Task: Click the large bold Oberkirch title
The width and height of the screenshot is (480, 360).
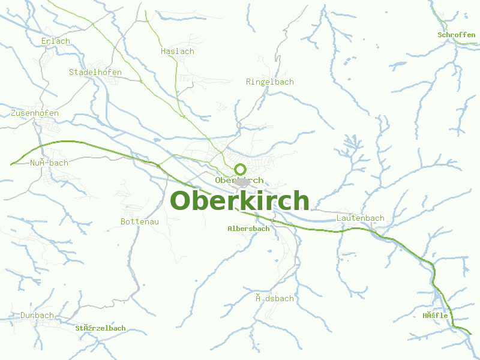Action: [x=239, y=200]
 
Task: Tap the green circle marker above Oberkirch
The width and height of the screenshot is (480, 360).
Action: [x=240, y=169]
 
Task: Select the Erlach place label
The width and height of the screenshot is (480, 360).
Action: [x=56, y=41]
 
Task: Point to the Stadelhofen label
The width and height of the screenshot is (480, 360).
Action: [x=95, y=73]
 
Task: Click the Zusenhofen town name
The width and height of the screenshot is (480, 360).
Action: [x=35, y=113]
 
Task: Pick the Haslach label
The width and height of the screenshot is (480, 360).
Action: [x=178, y=52]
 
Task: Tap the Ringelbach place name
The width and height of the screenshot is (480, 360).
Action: [x=270, y=82]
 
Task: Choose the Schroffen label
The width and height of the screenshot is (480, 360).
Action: [x=456, y=35]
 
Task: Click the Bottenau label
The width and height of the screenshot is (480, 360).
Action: [x=140, y=222]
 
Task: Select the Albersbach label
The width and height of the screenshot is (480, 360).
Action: [x=248, y=229]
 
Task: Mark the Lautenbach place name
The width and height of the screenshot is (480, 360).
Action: [x=361, y=218]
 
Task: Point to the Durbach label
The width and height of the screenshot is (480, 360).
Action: [x=37, y=316]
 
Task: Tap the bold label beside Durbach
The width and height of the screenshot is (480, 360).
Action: [x=100, y=328]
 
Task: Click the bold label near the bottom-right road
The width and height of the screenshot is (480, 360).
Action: [x=435, y=316]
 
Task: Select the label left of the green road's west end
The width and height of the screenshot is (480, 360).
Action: [x=49, y=163]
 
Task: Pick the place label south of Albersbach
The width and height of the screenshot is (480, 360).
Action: [x=274, y=299]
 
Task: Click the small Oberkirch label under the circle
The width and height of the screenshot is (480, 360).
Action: [x=239, y=180]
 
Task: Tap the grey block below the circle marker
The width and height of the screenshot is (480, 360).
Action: [x=242, y=182]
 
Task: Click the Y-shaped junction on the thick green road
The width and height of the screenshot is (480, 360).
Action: [x=160, y=163]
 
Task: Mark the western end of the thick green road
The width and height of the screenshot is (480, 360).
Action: [x=11, y=164]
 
